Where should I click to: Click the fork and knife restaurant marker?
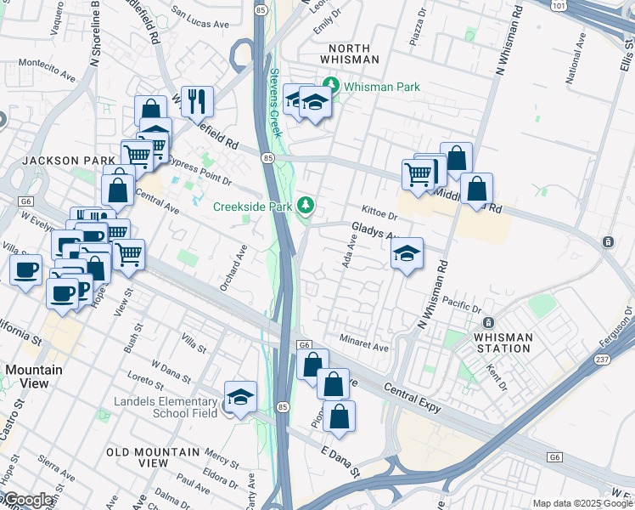coord(197,100)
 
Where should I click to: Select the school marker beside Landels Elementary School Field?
coord(240,397)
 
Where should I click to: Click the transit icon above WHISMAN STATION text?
coord(488,323)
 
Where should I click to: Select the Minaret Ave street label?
coord(363,348)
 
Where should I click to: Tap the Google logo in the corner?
coord(28,500)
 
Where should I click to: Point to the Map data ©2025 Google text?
coord(582,503)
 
